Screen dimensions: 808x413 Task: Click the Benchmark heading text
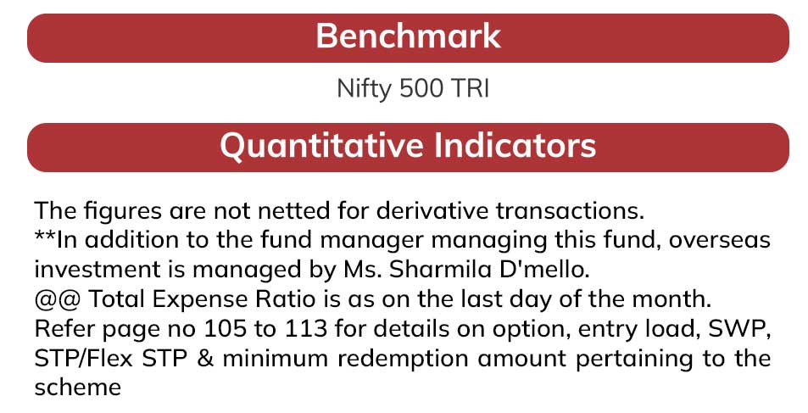tap(408, 36)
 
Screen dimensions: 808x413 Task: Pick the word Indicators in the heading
tap(515, 145)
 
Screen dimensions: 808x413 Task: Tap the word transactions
tap(570, 211)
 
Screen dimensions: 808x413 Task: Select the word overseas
tap(720, 240)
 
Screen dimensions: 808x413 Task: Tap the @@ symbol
tap(57, 300)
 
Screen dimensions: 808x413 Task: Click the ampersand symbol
tap(204, 359)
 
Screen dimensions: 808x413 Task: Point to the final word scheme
tap(78, 388)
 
